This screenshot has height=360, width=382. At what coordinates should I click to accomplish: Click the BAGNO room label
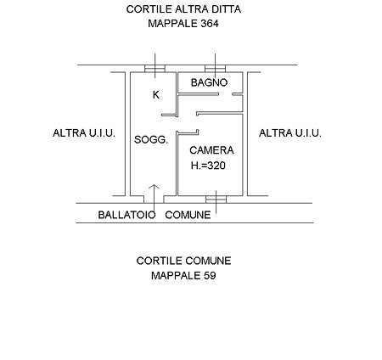[209, 82]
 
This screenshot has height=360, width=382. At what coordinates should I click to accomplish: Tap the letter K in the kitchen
[156, 95]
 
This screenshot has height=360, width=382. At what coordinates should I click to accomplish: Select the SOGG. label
[151, 140]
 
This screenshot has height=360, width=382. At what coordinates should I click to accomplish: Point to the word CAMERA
[211, 150]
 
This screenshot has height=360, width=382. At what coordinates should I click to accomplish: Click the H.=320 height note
[208, 166]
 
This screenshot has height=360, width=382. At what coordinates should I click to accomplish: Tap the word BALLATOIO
[126, 215]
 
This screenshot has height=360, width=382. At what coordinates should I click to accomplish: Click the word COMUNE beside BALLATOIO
[188, 215]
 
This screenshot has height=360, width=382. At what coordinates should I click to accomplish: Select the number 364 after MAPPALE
[210, 24]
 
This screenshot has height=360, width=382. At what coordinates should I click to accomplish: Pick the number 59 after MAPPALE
[210, 275]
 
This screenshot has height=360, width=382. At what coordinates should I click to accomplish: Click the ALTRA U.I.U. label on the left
[84, 133]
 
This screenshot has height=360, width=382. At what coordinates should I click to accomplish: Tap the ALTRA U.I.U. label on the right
[290, 133]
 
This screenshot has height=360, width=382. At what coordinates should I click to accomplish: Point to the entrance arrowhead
[154, 186]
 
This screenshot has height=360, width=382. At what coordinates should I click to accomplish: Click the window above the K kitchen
[154, 69]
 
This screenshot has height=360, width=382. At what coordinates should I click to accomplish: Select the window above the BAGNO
[216, 69]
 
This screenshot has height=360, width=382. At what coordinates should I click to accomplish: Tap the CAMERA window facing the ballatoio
[216, 200]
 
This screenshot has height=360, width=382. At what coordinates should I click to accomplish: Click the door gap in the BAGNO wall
[226, 94]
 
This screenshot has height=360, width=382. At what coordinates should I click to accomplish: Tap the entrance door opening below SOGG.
[154, 200]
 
